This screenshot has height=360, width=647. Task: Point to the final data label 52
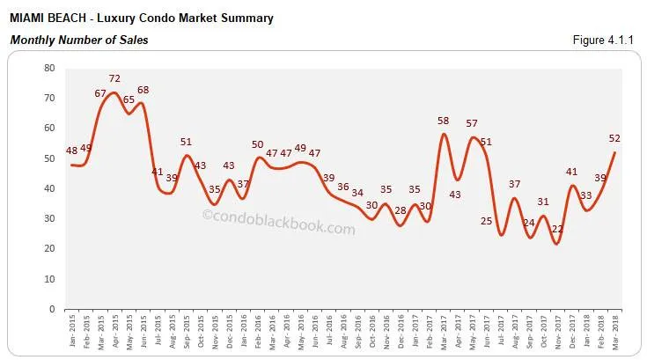click(x=614, y=139)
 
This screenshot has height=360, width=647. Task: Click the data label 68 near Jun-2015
click(x=143, y=92)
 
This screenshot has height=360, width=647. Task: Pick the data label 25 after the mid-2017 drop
click(x=487, y=221)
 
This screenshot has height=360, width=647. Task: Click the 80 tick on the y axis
click(x=49, y=68)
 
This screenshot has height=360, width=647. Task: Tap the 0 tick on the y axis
click(x=52, y=309)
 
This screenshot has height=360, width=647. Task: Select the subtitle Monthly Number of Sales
click(x=78, y=40)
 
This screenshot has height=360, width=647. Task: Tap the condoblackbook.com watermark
click(x=278, y=227)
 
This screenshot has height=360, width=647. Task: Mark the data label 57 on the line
click(x=472, y=124)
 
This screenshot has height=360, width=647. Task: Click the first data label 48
click(x=71, y=151)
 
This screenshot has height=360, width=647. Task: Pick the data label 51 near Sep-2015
click(x=186, y=143)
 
